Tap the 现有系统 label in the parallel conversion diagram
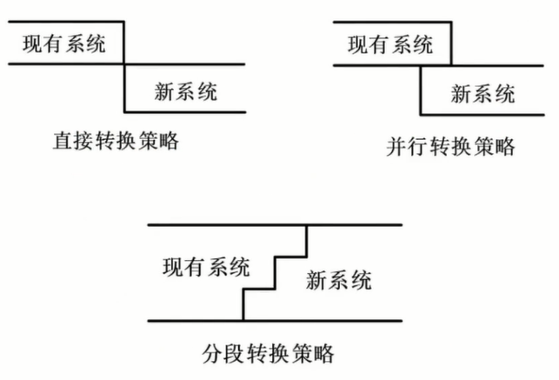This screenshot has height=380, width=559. [x=389, y=45]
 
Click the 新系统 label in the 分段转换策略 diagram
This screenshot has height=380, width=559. [x=340, y=280]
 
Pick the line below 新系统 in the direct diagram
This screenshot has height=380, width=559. [x=185, y=111]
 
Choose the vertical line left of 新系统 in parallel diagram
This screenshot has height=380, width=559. [x=420, y=90]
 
